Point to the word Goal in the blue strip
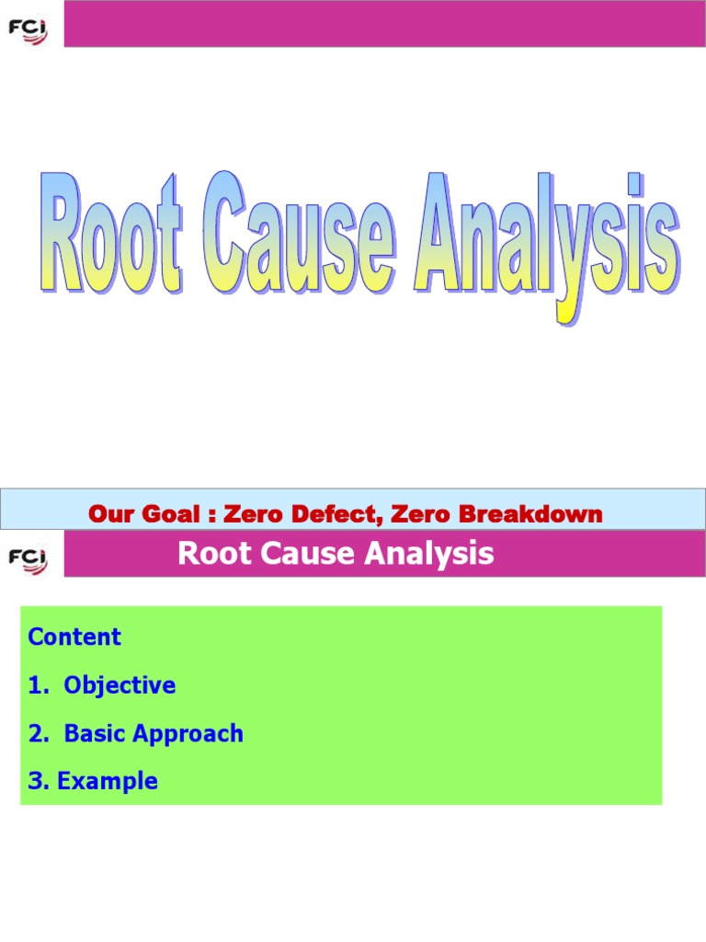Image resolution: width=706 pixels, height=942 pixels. tap(172, 514)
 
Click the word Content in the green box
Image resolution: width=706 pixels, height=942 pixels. tap(74, 637)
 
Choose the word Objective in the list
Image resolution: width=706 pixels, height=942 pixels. tap(120, 685)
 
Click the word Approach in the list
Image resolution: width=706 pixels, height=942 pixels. tap(188, 734)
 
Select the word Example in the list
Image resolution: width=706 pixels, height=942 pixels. tap(108, 782)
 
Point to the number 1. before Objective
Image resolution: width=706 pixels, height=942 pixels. tap(38, 685)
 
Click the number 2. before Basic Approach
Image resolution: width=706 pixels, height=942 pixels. tap(38, 733)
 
